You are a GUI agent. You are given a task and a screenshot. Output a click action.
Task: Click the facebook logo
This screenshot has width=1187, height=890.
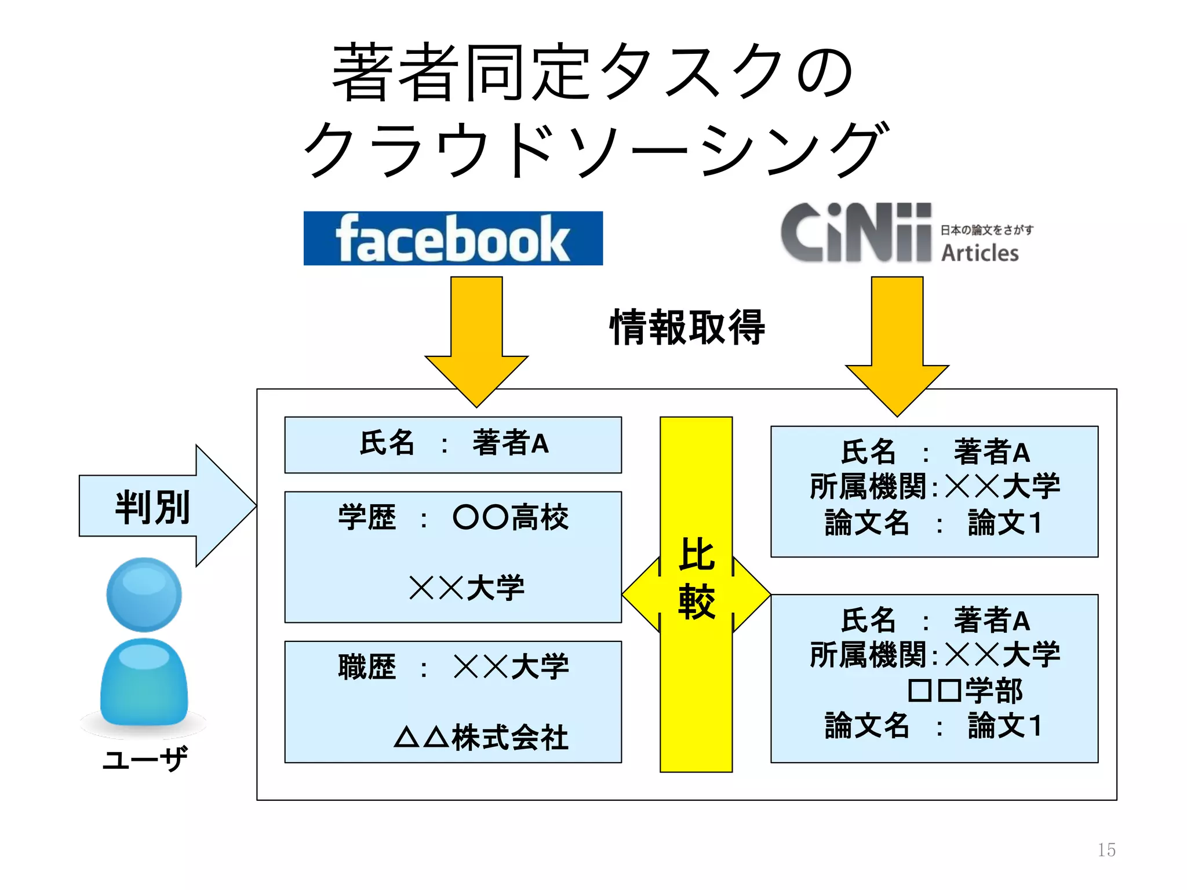pos(453,238)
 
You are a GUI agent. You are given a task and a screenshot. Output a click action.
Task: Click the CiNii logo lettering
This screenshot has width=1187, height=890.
pos(855,233)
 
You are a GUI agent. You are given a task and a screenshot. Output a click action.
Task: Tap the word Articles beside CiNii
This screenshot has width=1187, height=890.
pos(980,253)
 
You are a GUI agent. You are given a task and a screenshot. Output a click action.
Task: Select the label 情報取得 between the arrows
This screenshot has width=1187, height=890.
pos(687,327)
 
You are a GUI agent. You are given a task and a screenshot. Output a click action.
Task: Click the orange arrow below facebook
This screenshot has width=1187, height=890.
pos(476,342)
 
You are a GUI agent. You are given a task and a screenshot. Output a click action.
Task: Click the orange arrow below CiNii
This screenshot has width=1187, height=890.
pos(897,348)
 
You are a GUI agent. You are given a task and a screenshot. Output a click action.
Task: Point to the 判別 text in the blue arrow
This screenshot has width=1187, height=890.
pos(152,507)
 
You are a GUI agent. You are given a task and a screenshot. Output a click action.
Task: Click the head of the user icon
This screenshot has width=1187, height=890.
pos(144,594)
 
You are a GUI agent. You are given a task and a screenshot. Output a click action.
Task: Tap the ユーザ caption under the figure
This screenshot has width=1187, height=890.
pos(145,758)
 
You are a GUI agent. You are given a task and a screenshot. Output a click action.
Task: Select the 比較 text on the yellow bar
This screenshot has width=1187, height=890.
pos(696,578)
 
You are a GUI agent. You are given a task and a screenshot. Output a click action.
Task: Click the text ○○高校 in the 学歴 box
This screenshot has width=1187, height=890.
pos(510,517)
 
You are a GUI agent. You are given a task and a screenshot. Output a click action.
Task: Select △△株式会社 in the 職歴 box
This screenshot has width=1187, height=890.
pos(481,738)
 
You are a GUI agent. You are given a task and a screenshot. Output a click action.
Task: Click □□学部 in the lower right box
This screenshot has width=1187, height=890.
pos(964,691)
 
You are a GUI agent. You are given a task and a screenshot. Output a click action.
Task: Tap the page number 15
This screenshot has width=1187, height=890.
pos(1106,849)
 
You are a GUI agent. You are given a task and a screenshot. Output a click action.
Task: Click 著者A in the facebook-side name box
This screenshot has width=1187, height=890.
pos(510,443)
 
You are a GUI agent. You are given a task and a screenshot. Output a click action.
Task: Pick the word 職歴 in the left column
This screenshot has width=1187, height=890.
pos(367,667)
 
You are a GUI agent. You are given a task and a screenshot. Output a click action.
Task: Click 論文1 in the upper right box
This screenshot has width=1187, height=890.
pos(1004,523)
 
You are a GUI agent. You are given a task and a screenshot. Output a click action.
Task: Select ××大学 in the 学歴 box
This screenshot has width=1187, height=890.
pos(467,588)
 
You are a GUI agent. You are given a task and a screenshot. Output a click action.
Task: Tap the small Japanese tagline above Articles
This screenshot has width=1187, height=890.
pos(986,230)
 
